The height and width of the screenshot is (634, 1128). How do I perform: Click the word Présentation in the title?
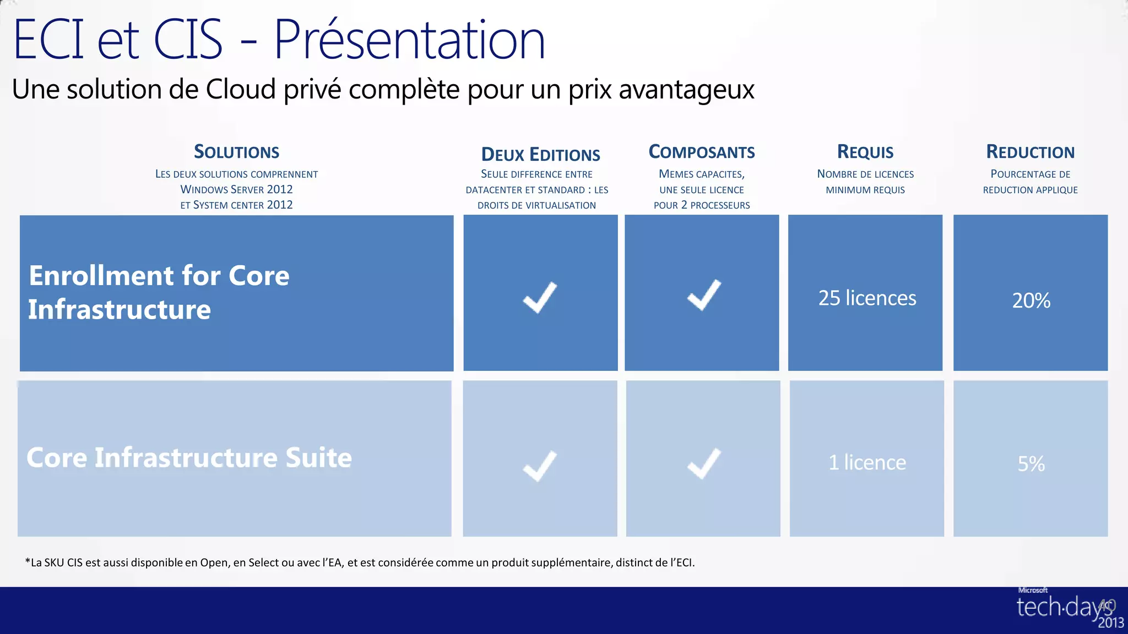[x=409, y=40]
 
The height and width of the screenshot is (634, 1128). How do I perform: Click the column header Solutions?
[x=236, y=152]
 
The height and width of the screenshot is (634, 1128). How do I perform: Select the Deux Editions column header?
[x=540, y=155]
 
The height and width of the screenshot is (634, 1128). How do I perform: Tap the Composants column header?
[x=701, y=152]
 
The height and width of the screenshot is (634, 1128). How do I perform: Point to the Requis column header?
[x=865, y=152]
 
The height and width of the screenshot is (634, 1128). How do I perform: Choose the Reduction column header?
[x=1030, y=152]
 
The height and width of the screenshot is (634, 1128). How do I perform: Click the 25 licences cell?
[x=867, y=298]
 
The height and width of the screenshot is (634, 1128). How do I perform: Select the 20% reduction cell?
[x=1031, y=300]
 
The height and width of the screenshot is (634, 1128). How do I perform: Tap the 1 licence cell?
[x=867, y=462]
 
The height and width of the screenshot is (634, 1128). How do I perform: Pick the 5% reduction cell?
[x=1031, y=464]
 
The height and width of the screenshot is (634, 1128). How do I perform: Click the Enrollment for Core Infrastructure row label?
[x=159, y=292]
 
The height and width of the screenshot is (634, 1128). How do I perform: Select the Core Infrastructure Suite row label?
[x=189, y=458]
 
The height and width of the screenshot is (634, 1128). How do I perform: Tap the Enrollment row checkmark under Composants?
[x=704, y=295]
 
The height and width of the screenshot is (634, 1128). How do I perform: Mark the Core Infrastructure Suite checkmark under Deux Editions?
[x=540, y=466]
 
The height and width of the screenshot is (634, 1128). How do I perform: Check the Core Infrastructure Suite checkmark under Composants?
[x=704, y=463]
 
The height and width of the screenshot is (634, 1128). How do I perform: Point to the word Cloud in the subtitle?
[x=241, y=89]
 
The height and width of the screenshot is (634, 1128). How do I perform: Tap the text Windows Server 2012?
[x=236, y=189]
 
